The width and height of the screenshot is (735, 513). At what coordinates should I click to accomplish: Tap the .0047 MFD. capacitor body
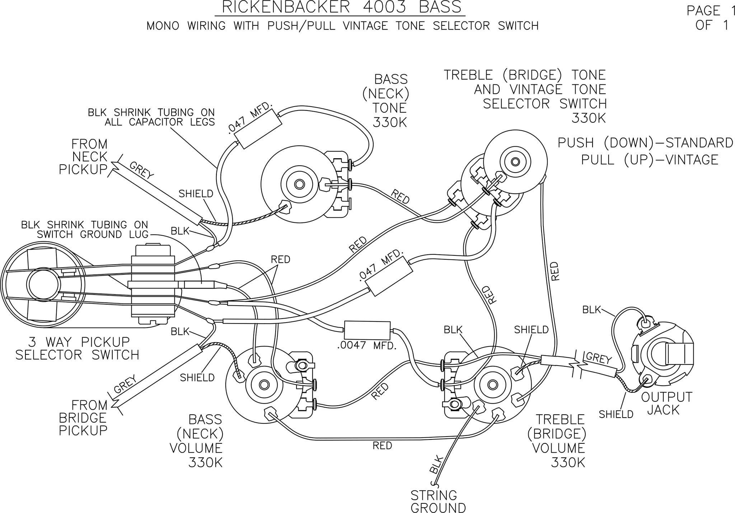(367, 330)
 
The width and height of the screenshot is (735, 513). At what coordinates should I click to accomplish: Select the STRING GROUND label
(438, 502)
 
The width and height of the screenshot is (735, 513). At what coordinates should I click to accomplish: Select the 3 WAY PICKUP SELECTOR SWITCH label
(77, 348)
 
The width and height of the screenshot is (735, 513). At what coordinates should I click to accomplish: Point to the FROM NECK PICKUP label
(83, 157)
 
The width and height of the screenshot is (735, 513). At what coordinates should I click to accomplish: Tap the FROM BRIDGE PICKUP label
(83, 418)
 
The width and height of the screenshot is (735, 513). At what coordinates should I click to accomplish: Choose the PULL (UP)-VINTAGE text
(650, 159)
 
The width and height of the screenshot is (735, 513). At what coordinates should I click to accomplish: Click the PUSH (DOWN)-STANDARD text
(645, 143)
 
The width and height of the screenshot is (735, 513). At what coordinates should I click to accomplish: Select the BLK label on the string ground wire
(436, 465)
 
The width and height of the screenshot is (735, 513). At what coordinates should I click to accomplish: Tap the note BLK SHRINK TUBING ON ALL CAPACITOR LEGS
(151, 117)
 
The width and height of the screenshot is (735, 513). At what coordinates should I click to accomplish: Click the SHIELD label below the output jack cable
(616, 414)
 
